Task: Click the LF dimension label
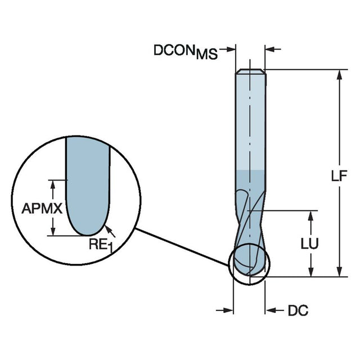click(x=339, y=176)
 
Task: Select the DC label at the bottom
click(x=298, y=310)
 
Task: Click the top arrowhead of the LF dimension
click(x=339, y=75)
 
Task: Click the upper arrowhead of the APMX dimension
click(x=53, y=183)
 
